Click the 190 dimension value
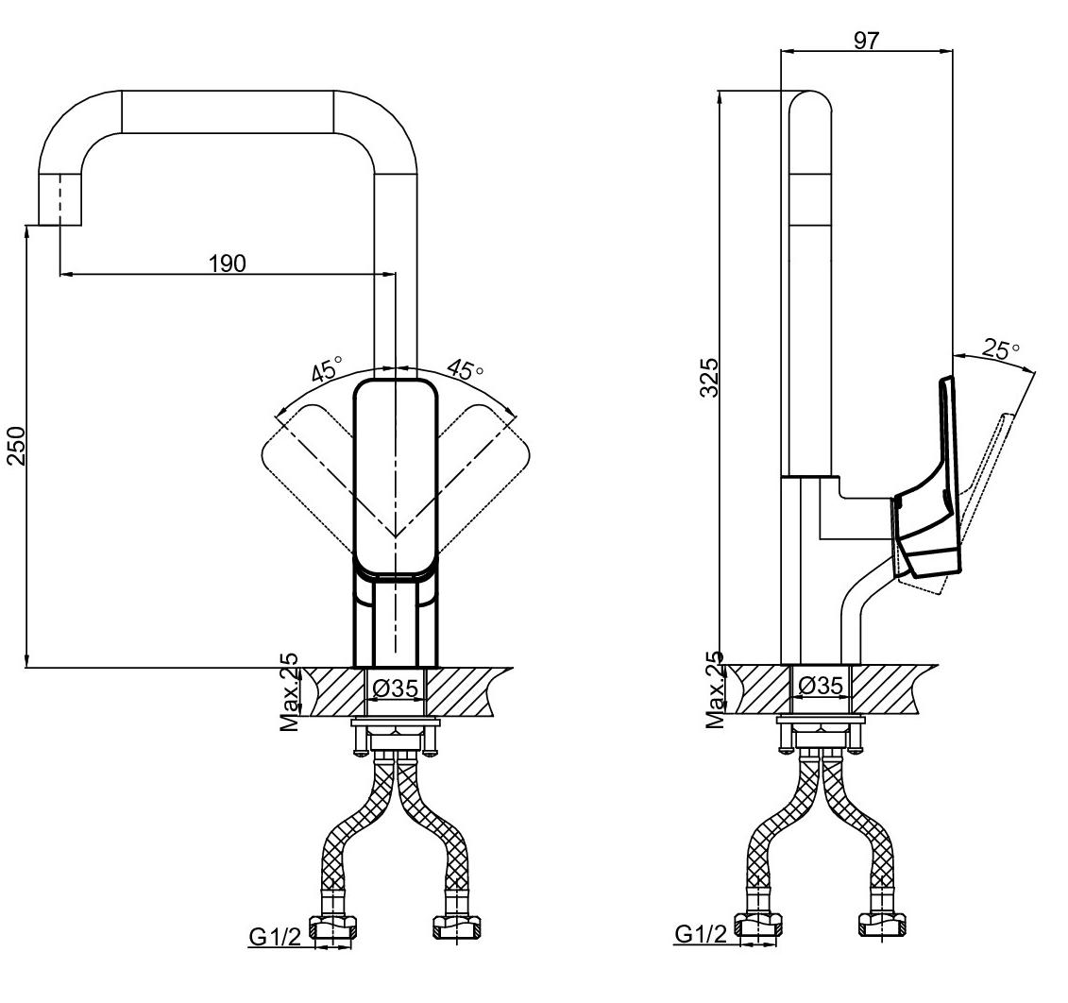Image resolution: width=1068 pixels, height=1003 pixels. (227, 263)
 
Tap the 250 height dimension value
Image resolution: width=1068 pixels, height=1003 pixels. (16, 445)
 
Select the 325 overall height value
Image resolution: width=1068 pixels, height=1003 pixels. (709, 377)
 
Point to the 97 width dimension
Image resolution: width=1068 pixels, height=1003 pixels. (866, 41)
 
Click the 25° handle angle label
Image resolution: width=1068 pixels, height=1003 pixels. (1000, 349)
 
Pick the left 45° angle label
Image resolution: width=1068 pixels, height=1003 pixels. (328, 368)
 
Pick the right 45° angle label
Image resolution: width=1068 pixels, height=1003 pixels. (465, 368)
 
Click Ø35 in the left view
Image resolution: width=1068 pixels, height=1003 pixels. (395, 688)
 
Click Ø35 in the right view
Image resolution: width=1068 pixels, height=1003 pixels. (821, 685)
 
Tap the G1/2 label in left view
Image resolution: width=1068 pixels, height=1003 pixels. (275, 938)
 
